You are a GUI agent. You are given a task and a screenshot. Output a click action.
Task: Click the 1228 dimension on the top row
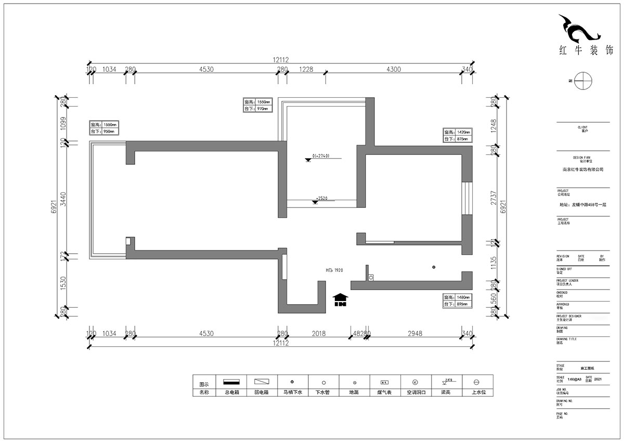(x=305, y=69)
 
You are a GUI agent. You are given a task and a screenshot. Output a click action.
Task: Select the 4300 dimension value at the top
(x=393, y=69)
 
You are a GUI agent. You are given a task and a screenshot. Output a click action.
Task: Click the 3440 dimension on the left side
(x=63, y=198)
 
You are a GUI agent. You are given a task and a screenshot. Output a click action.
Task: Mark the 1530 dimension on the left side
(x=63, y=284)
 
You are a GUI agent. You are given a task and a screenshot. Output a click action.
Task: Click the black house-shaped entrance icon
(x=341, y=300)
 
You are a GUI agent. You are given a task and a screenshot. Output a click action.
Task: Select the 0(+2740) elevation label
(x=320, y=156)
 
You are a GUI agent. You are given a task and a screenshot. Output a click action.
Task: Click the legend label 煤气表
(x=385, y=393)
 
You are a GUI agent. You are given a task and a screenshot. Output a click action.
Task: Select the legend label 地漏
(x=354, y=393)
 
